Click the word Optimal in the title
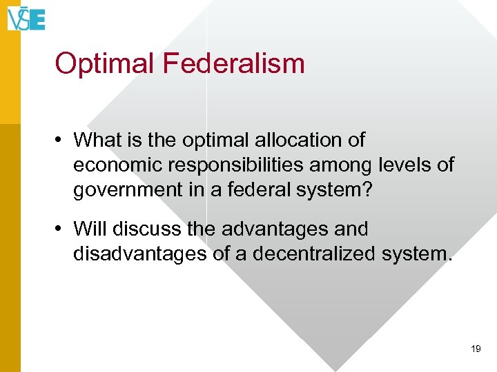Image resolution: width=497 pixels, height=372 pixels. coord(105,64)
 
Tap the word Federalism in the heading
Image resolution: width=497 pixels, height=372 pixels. coord(233,63)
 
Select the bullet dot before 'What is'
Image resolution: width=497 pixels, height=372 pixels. coord(61,141)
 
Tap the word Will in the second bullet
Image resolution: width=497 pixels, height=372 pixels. coord(91,229)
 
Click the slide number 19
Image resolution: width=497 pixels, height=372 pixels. coord(476,349)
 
